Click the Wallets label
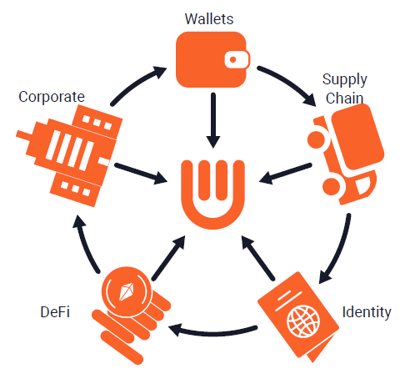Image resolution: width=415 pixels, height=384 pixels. coord(209,19)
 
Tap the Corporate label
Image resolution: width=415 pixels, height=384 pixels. coord(52,98)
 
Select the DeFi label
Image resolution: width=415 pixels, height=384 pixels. coord(55,311)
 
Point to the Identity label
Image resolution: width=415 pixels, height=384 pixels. coord(367,312)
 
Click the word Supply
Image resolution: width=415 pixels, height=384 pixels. coord(345,80)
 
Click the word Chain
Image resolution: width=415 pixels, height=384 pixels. coord(344,99)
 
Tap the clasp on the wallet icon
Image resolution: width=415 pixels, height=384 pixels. coord(237,59)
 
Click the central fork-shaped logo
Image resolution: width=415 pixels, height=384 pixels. coord(212,195)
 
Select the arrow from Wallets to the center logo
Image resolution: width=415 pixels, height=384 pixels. coord(213,120)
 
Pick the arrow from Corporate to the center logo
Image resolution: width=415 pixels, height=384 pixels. coord(141,174)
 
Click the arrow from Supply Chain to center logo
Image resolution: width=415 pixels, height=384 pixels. coord(285,174)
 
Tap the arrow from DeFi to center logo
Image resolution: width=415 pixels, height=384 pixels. coord(168,258)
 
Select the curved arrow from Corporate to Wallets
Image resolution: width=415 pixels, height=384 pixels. coord(136,83)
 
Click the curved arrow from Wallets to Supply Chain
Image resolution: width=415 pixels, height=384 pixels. coord(289,83)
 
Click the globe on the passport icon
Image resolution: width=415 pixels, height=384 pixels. coord(303,321)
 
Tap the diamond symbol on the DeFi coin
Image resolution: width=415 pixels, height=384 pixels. coord(127,292)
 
